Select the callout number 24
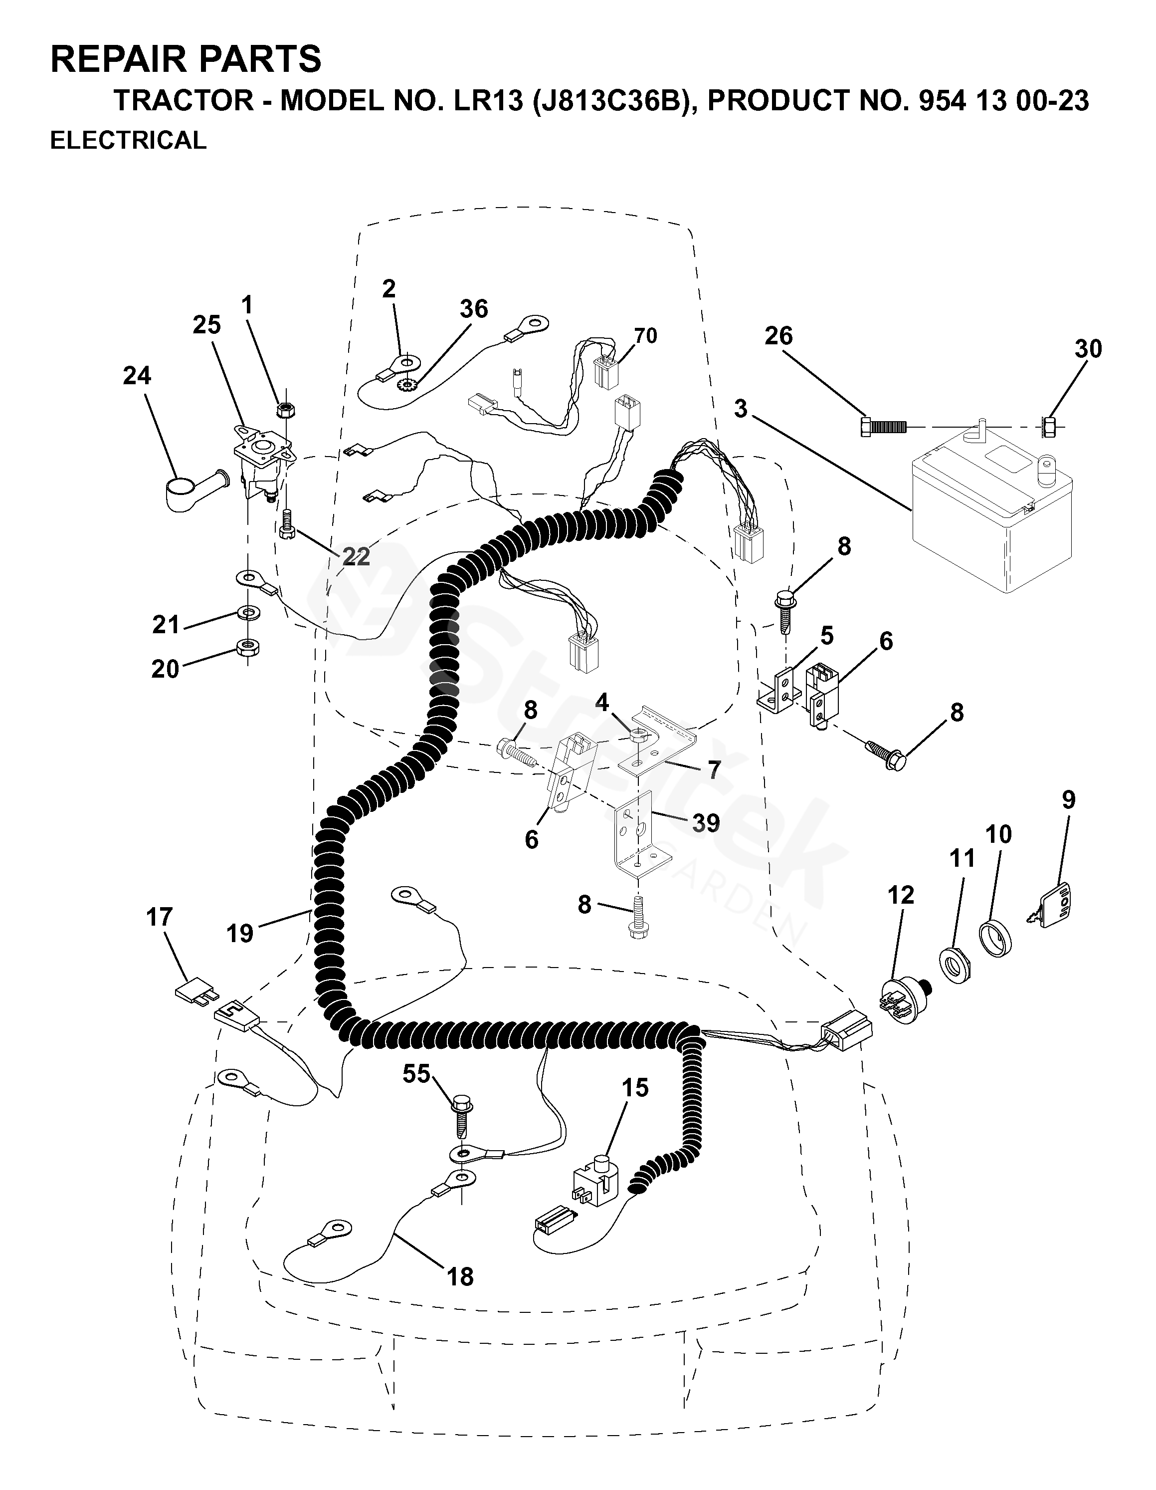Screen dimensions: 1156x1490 click(x=137, y=376)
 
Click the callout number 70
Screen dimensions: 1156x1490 click(x=645, y=336)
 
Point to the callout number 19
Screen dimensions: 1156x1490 click(x=240, y=933)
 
